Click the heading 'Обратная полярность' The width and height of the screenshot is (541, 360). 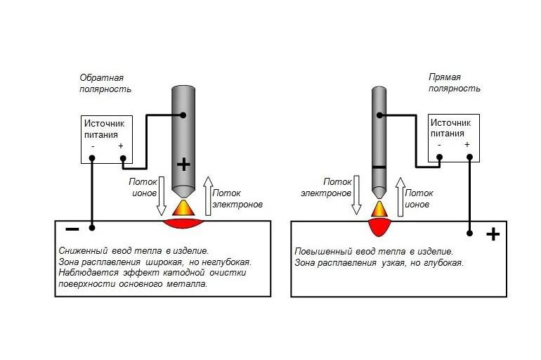point(105,82)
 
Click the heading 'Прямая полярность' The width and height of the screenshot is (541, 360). point(455,82)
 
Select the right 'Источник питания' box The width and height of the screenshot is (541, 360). point(453,139)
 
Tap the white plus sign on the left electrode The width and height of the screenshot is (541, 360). point(183,165)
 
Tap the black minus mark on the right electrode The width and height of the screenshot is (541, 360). point(379,167)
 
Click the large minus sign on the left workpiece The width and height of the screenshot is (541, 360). point(72,229)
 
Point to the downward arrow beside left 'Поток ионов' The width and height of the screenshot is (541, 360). point(160,195)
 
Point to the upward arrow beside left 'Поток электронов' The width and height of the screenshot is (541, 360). point(207,195)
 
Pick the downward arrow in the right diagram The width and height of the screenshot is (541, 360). point(356,195)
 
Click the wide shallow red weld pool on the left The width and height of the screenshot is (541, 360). point(185,224)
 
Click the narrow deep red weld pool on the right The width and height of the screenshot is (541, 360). point(379,227)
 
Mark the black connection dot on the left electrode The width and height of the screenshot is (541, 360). point(183,115)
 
